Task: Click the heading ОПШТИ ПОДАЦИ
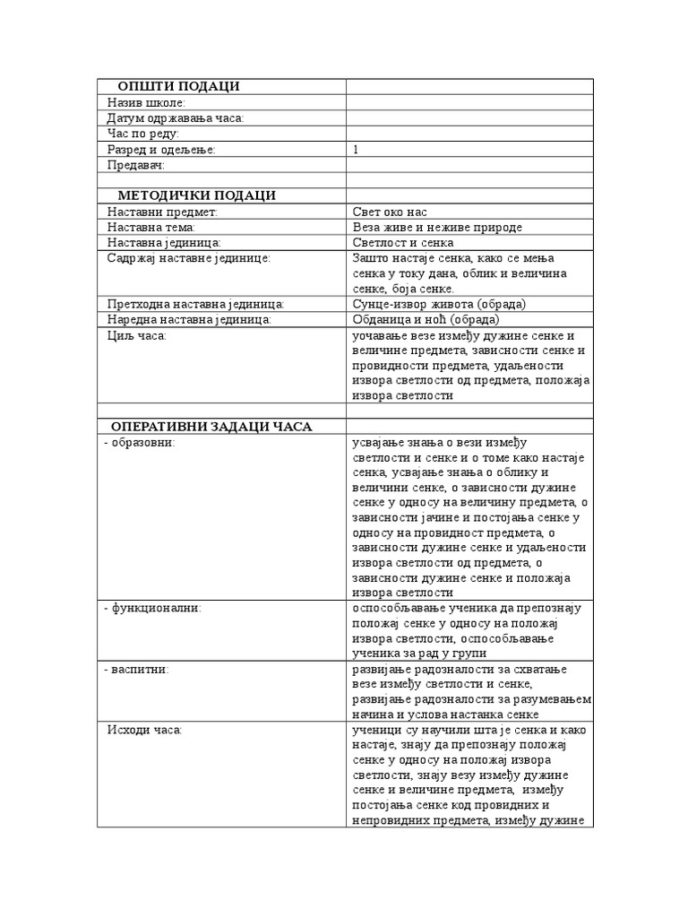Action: (x=178, y=86)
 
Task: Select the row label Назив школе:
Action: (x=146, y=102)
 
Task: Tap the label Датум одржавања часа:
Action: (x=175, y=118)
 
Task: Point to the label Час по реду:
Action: (x=142, y=134)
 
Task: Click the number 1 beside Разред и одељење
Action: (x=356, y=150)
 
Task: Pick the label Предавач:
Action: (x=136, y=165)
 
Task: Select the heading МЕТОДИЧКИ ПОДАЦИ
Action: (x=196, y=195)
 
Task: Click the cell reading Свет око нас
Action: (x=390, y=212)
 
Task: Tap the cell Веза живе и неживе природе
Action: (x=437, y=228)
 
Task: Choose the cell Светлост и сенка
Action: (x=403, y=243)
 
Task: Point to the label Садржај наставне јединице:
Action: (x=188, y=258)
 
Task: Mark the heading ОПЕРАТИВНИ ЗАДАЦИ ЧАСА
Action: (x=211, y=426)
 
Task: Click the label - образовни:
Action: (x=139, y=442)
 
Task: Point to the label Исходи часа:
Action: (x=144, y=731)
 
